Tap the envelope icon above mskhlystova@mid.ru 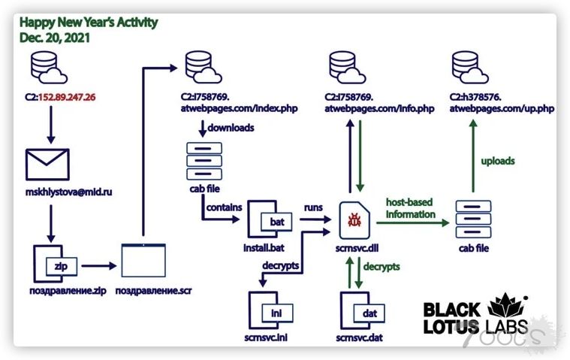(x=47, y=164)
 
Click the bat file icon (x=270, y=219)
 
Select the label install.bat (x=268, y=246)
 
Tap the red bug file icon (x=353, y=219)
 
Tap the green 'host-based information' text (x=410, y=208)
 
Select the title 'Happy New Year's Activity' (x=89, y=22)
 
